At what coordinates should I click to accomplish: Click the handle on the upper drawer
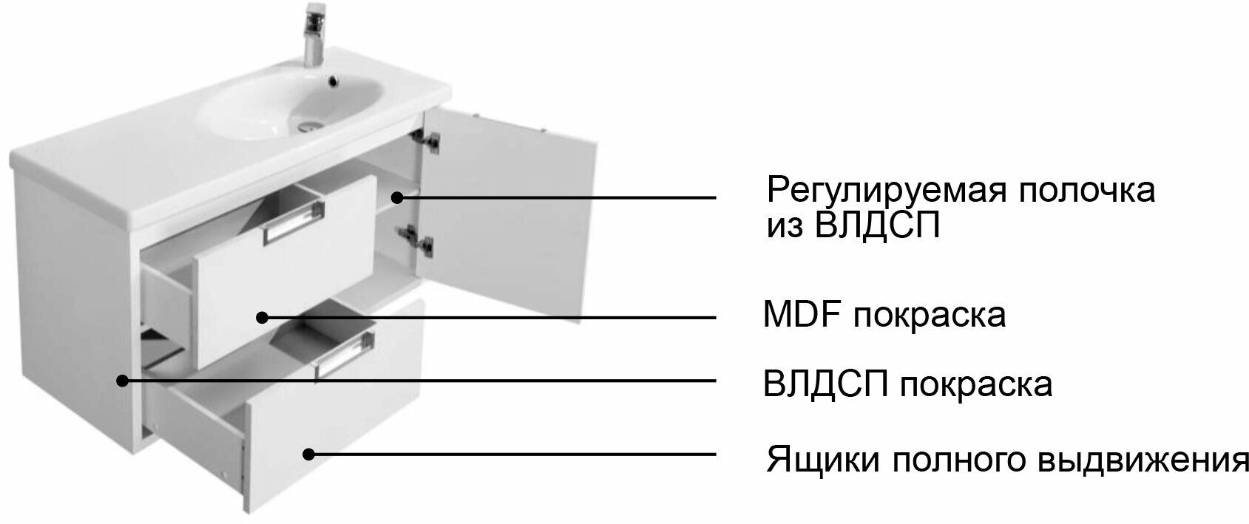click(294, 222)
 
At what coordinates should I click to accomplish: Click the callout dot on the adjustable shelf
click(397, 197)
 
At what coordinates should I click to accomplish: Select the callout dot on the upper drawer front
click(262, 318)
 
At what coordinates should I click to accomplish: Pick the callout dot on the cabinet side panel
click(123, 380)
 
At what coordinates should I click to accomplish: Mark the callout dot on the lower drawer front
click(308, 454)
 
